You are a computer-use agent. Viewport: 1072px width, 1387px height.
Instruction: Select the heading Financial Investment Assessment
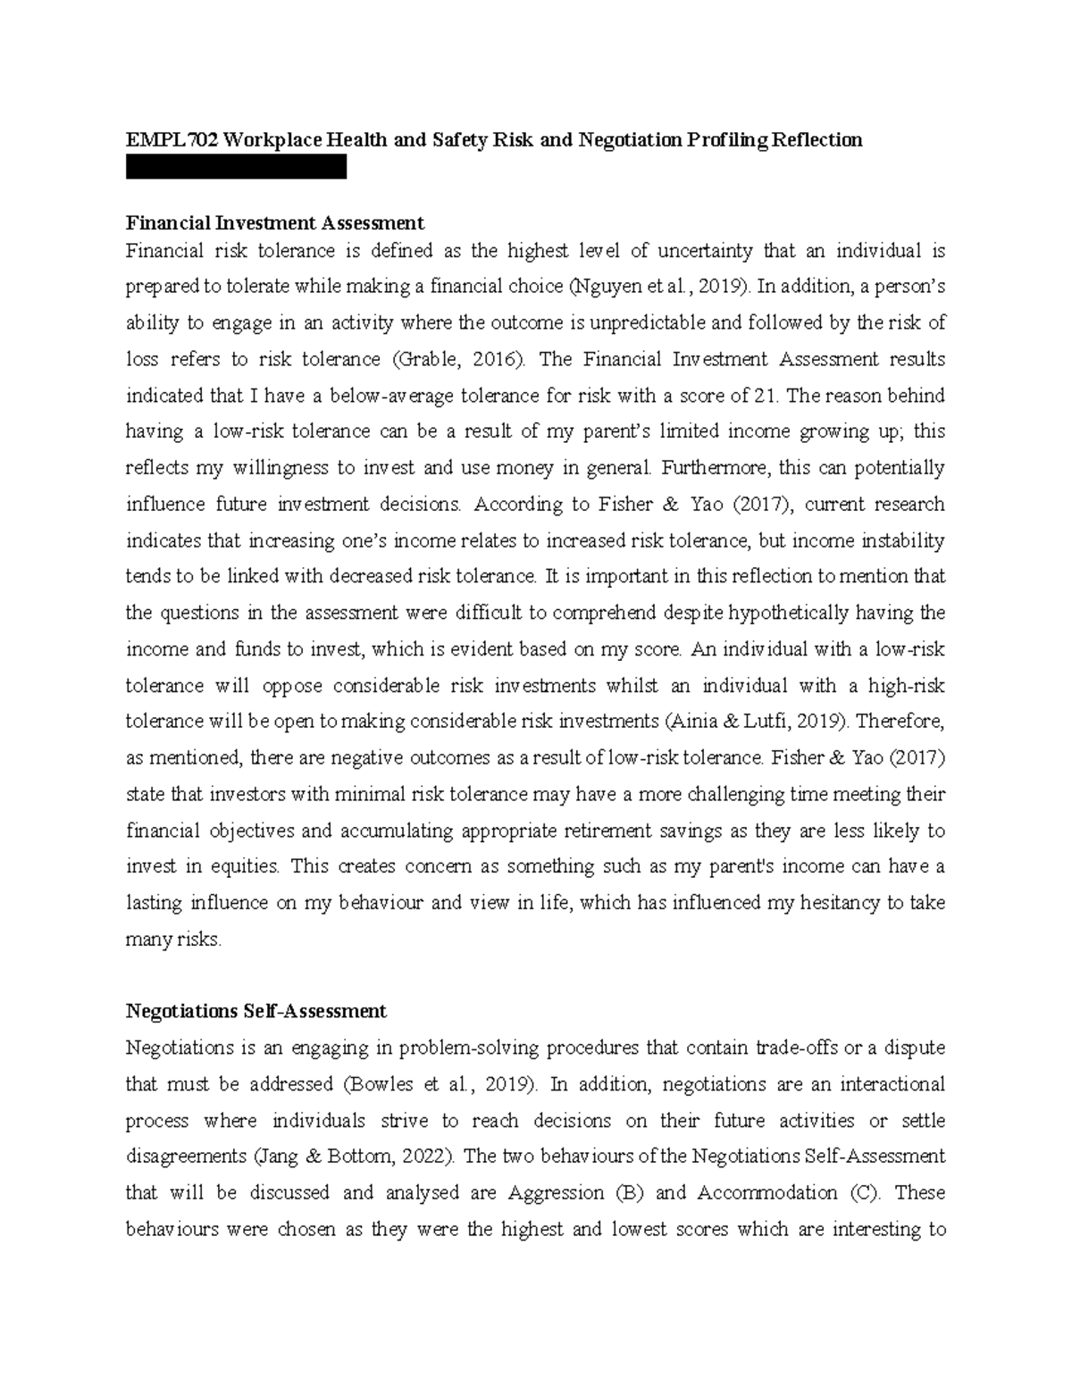(x=275, y=222)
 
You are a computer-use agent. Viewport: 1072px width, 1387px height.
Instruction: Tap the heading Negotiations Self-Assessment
(x=256, y=1011)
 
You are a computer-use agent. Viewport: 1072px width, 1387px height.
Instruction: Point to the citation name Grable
(x=440, y=359)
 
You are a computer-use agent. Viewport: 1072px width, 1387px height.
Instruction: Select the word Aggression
(x=556, y=1193)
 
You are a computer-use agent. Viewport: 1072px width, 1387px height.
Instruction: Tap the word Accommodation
(x=766, y=1193)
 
